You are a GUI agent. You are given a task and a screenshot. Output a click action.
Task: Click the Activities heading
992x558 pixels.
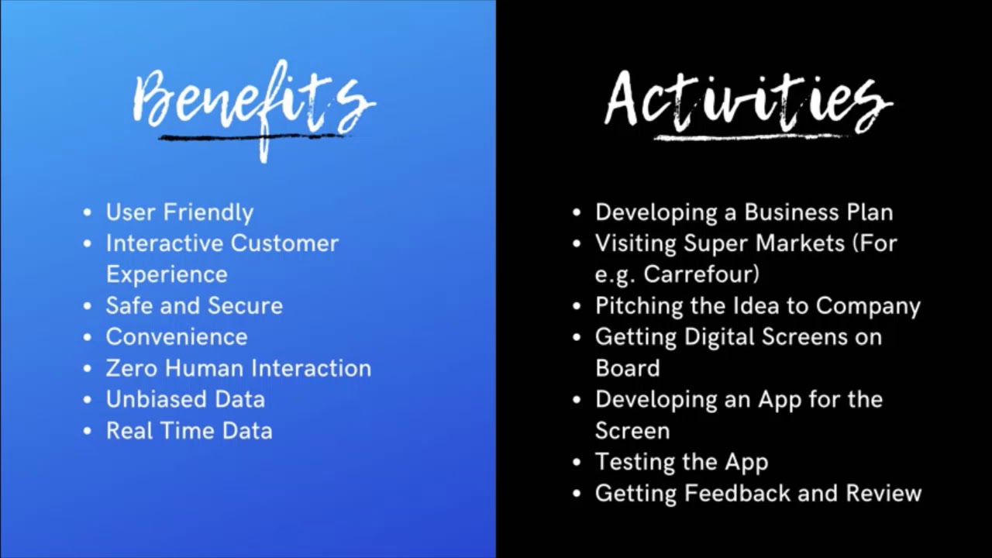(x=747, y=101)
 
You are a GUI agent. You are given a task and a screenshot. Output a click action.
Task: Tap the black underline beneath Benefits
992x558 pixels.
(x=252, y=138)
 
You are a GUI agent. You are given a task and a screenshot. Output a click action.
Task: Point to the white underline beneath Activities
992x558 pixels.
(x=748, y=137)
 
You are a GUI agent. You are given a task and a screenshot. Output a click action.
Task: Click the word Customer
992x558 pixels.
(x=284, y=243)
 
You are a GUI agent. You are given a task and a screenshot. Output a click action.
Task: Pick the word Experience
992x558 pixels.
(x=167, y=274)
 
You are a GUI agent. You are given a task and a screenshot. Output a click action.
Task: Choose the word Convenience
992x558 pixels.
(x=177, y=337)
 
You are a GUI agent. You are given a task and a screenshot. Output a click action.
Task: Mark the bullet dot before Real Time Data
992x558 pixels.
(x=88, y=431)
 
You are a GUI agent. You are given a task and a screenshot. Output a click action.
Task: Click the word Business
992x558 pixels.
(x=792, y=212)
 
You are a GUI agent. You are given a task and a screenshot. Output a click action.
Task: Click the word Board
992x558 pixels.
(x=627, y=368)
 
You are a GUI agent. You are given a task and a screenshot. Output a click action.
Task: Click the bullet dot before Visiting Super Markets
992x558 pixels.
(x=577, y=243)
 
